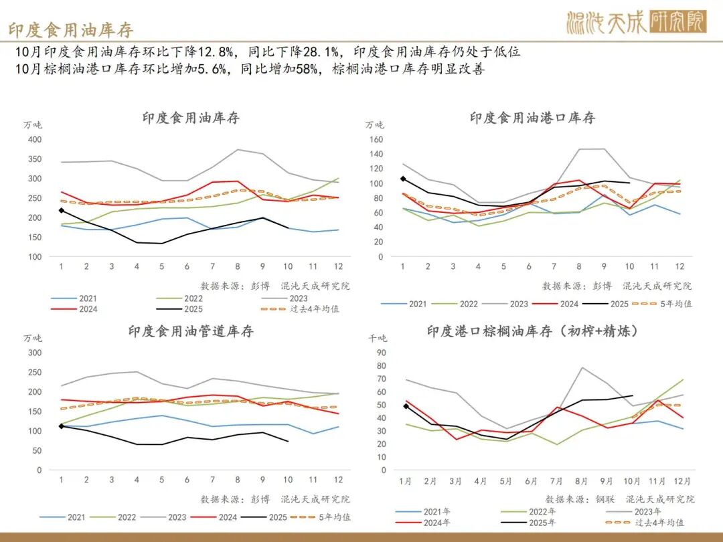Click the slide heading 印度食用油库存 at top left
point(70,29)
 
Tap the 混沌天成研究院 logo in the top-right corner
point(636,23)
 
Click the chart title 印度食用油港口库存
point(532,118)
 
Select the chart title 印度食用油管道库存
point(191,331)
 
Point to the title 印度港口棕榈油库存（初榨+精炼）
point(532,331)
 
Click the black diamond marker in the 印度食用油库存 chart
point(62,211)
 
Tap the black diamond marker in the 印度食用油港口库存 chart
point(403,179)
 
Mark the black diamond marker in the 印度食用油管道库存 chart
point(62,426)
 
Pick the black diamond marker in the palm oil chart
point(406,406)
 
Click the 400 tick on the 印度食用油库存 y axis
point(34,140)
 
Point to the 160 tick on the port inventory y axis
point(376,140)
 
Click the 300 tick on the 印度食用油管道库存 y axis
point(34,353)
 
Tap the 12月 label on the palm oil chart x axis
point(681,481)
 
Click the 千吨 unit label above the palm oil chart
point(378,339)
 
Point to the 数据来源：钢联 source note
point(573,499)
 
